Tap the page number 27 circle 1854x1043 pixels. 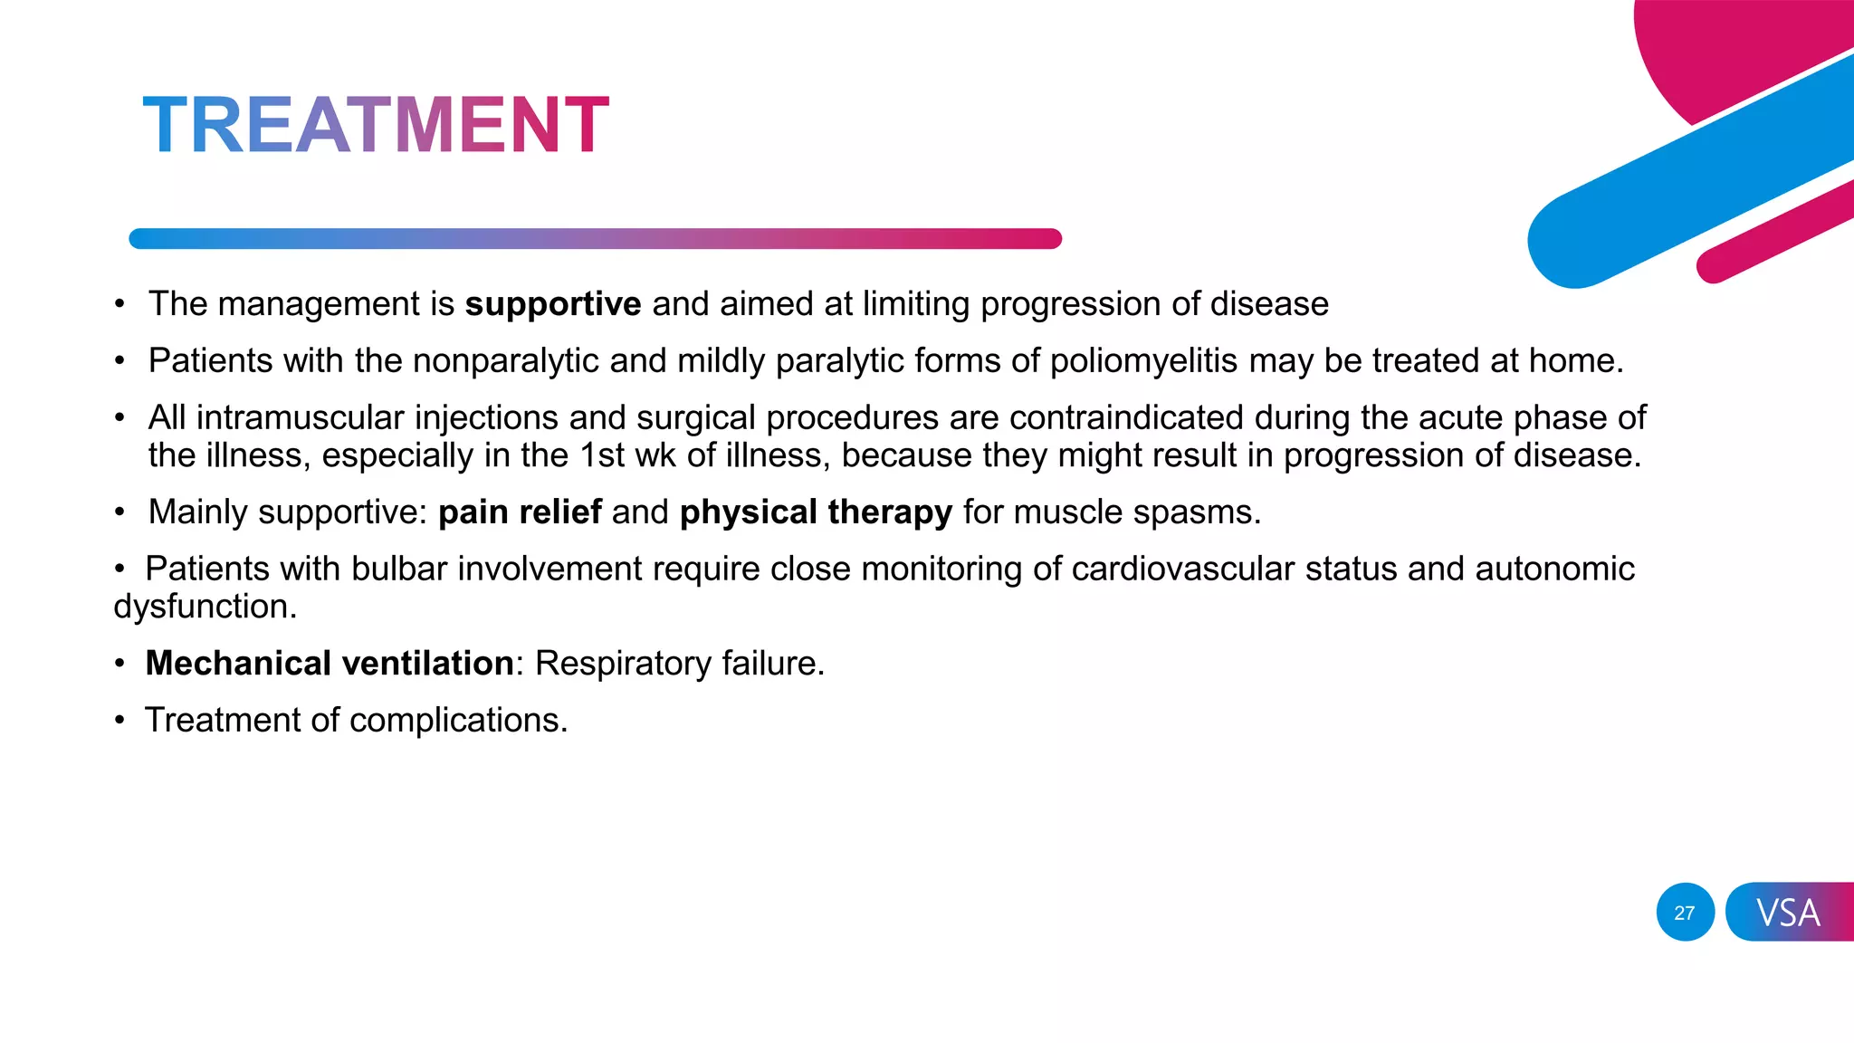(x=1685, y=912)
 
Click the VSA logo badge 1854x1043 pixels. (x=1788, y=912)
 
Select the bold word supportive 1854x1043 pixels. (x=553, y=304)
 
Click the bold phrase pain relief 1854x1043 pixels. (x=520, y=512)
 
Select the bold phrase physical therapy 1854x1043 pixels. (x=816, y=512)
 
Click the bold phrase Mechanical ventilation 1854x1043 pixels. (x=330, y=664)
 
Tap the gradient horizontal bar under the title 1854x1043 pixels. (x=595, y=239)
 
